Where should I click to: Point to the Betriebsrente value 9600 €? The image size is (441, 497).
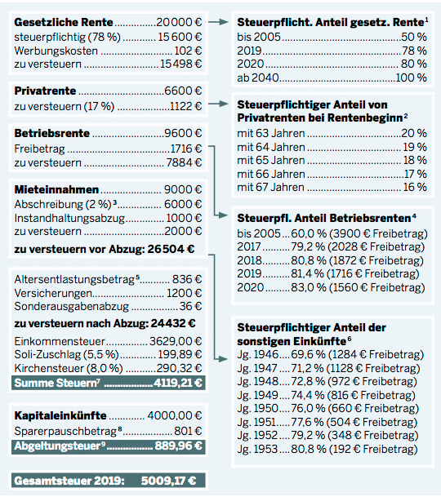(184, 133)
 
